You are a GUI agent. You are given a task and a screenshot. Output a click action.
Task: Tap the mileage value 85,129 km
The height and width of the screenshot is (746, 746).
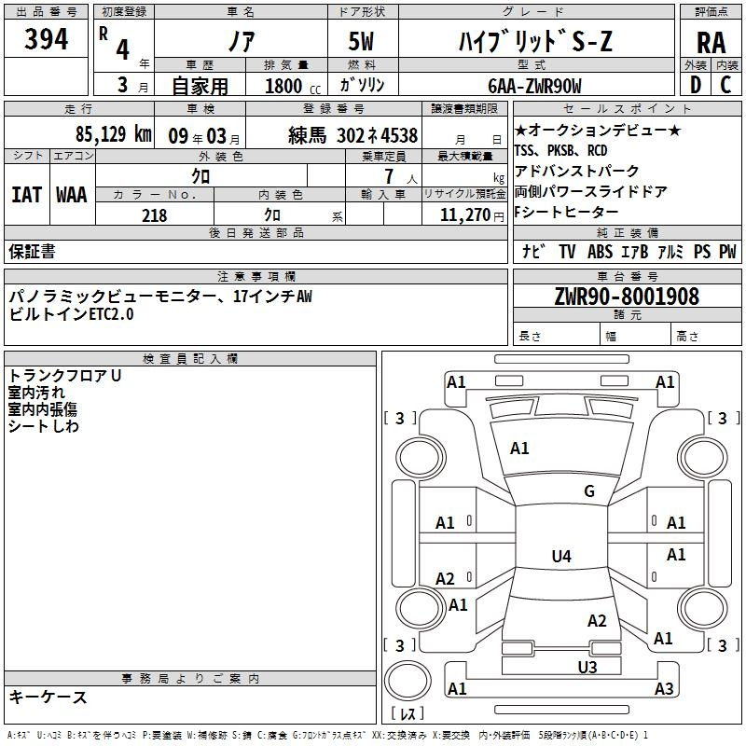[112, 134]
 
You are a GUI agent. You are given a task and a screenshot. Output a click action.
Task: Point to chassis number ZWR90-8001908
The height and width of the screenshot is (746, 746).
[626, 297]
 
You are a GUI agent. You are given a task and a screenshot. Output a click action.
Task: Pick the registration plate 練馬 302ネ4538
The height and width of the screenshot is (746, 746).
[352, 134]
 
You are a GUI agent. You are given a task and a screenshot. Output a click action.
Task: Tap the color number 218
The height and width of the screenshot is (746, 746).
[154, 215]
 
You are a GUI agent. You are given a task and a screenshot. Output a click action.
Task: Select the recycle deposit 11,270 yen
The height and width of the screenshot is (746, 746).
[464, 215]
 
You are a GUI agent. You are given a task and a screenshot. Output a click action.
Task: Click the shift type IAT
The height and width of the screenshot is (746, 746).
[26, 194]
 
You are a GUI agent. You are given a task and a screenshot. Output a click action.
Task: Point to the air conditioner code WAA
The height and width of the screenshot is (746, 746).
[72, 194]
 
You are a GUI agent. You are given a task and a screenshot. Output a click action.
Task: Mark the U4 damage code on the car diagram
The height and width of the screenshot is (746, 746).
[560, 557]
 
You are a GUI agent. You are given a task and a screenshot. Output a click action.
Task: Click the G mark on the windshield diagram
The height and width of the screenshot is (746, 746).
[588, 491]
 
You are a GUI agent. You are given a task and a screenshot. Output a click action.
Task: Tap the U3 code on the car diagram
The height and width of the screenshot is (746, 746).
[587, 667]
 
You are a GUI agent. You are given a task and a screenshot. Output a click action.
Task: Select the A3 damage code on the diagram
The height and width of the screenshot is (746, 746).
[664, 689]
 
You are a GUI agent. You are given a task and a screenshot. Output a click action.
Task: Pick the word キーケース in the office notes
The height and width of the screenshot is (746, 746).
[48, 698]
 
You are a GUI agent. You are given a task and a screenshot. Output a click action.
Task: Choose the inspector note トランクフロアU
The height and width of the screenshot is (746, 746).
[64, 376]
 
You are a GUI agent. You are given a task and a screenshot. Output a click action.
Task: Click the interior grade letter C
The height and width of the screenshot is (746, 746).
[725, 86]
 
